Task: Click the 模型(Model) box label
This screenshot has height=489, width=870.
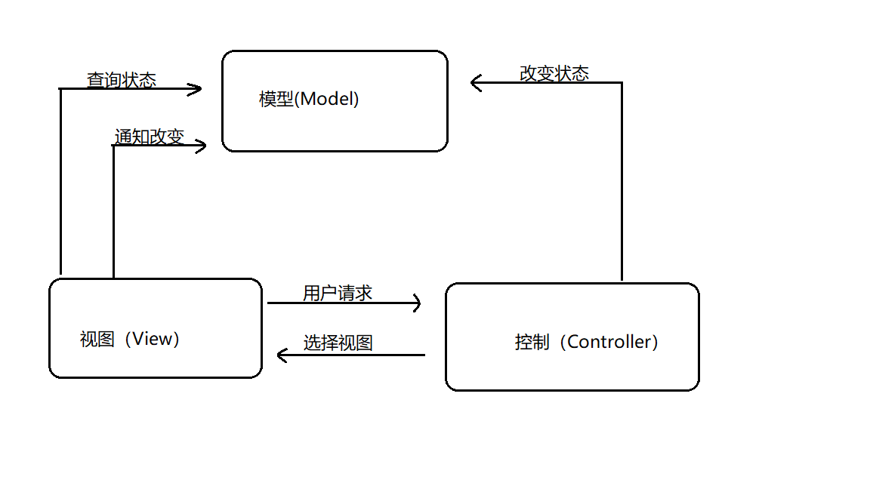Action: click(x=309, y=99)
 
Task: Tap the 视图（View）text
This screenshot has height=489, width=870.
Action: click(x=131, y=339)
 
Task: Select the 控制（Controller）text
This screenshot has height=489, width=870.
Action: click(x=588, y=342)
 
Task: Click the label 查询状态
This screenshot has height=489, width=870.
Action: click(x=122, y=80)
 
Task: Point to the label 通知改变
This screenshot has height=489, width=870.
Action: click(x=149, y=137)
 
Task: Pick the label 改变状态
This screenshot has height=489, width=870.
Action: click(x=554, y=73)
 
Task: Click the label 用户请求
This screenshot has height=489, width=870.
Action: click(x=338, y=293)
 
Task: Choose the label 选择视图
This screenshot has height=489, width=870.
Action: click(x=338, y=343)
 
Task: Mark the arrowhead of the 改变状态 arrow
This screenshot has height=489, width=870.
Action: click(x=473, y=82)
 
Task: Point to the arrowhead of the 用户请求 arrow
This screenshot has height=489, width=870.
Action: click(x=418, y=303)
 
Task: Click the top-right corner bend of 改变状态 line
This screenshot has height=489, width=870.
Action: click(x=622, y=82)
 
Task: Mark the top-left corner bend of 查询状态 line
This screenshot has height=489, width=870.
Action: click(x=60, y=89)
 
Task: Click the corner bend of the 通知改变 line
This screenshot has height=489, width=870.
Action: click(x=113, y=146)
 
